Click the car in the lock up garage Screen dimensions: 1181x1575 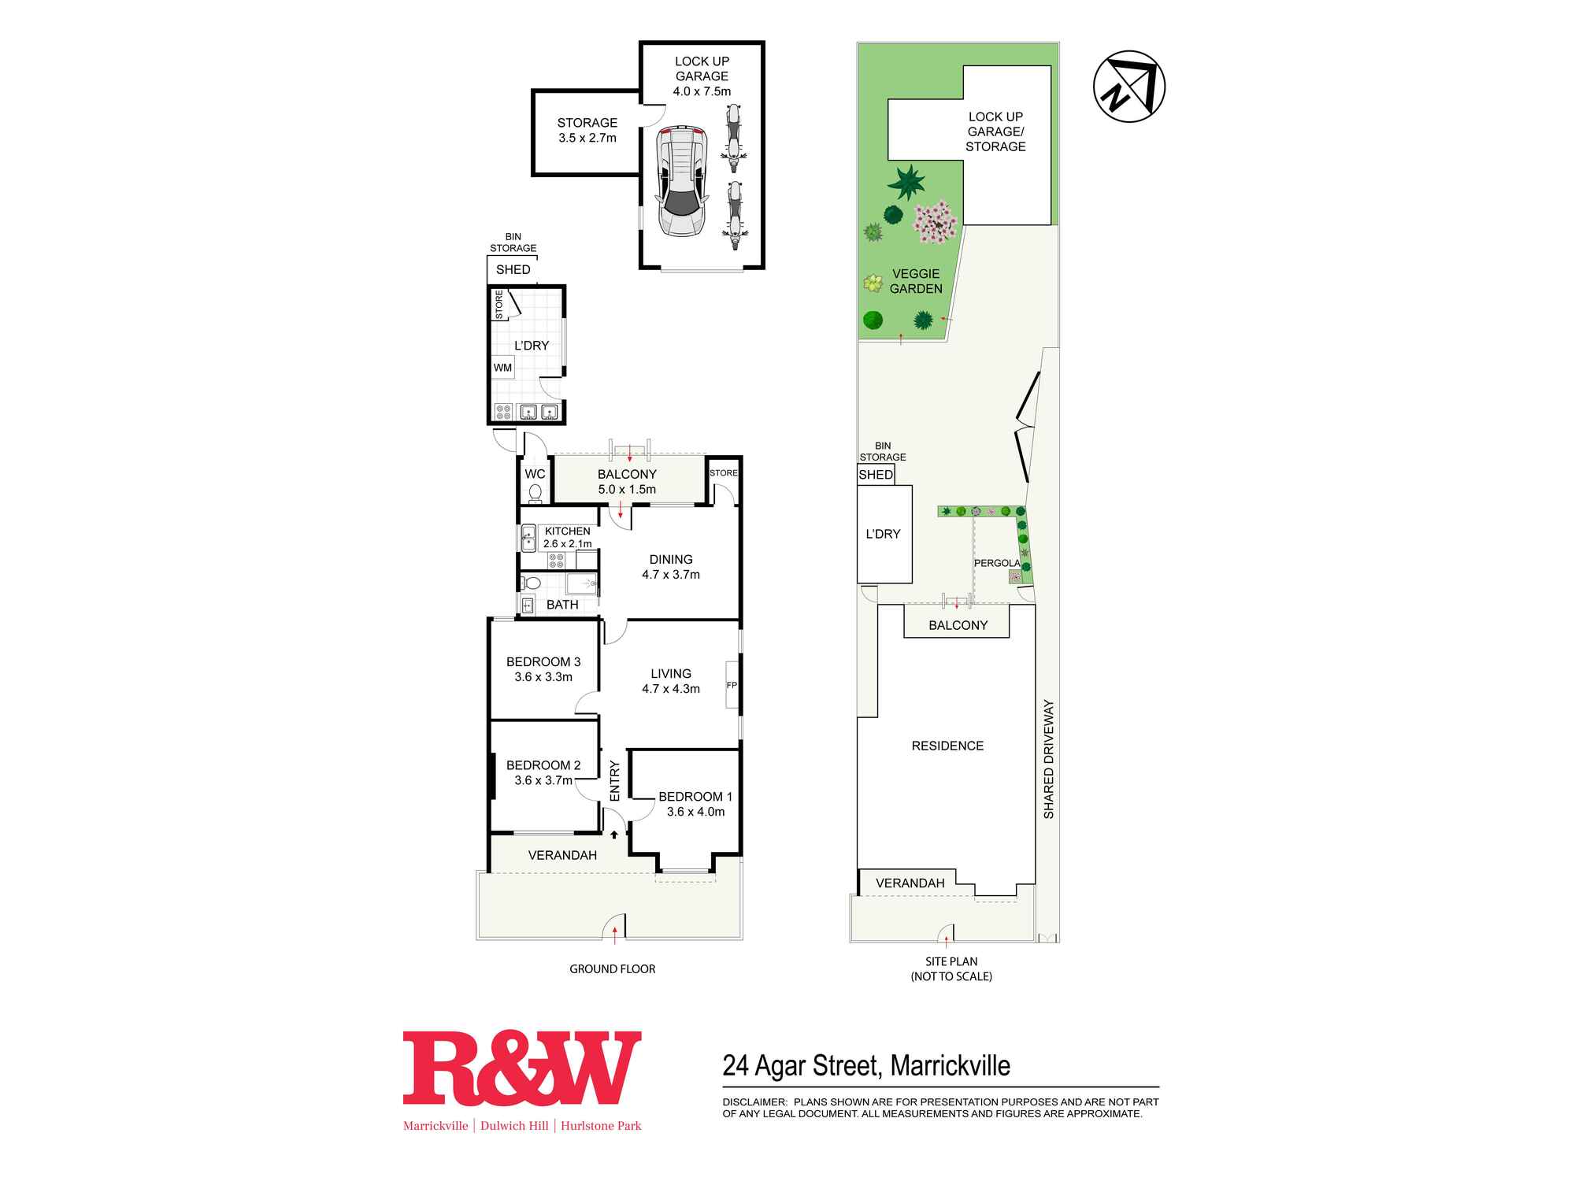tap(682, 180)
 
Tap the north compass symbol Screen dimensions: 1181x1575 tap(1129, 87)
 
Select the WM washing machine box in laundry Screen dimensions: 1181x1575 tap(502, 368)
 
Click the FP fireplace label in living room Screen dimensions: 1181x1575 tap(732, 685)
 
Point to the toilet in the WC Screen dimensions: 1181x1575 tap(535, 493)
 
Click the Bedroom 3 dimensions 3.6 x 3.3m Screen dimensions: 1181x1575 tap(543, 677)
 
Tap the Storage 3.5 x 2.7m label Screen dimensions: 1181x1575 tap(587, 130)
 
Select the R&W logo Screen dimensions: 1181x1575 tap(522, 1068)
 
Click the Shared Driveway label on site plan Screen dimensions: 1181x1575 tap(1048, 759)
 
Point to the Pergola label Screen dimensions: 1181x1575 tap(997, 563)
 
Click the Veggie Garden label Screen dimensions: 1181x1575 tap(916, 281)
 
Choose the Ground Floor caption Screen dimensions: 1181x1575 tap(613, 969)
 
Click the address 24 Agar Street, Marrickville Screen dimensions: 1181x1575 tap(866, 1065)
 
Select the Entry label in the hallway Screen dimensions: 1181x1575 tap(615, 780)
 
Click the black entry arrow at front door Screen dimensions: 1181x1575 tap(614, 834)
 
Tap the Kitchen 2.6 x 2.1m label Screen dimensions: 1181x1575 tap(567, 537)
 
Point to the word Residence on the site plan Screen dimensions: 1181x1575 tap(947, 746)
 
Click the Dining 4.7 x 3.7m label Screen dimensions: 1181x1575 tap(671, 567)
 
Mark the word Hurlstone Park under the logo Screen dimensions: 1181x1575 tap(601, 1126)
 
